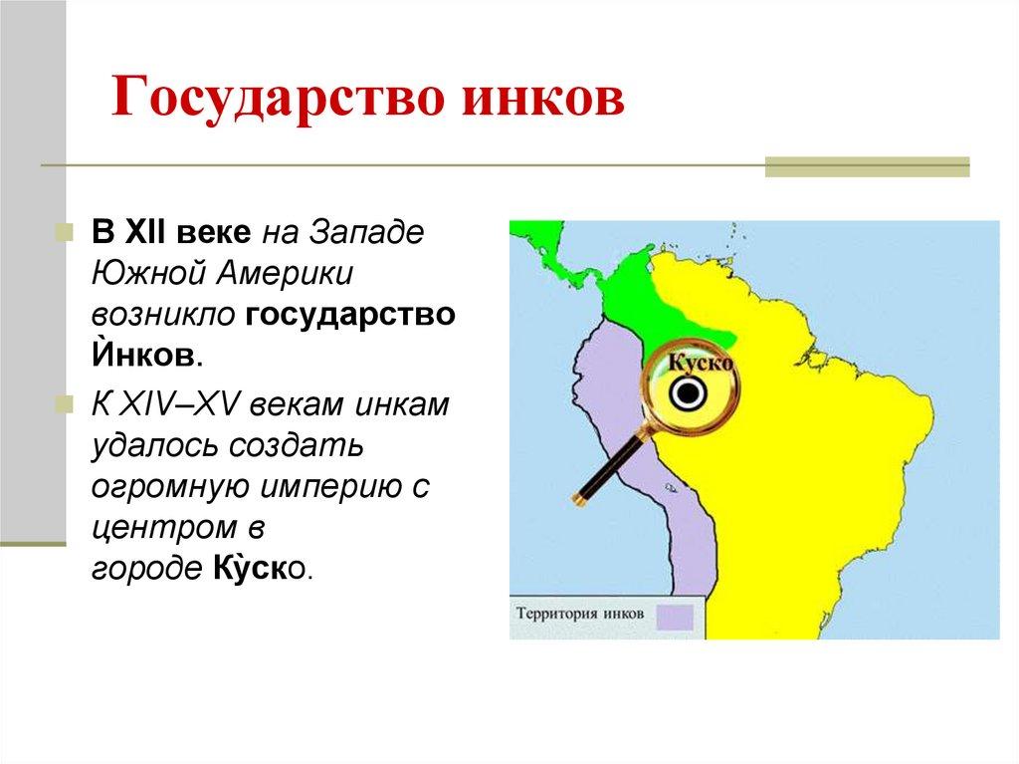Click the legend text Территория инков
(580, 614)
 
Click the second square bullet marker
(64, 406)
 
